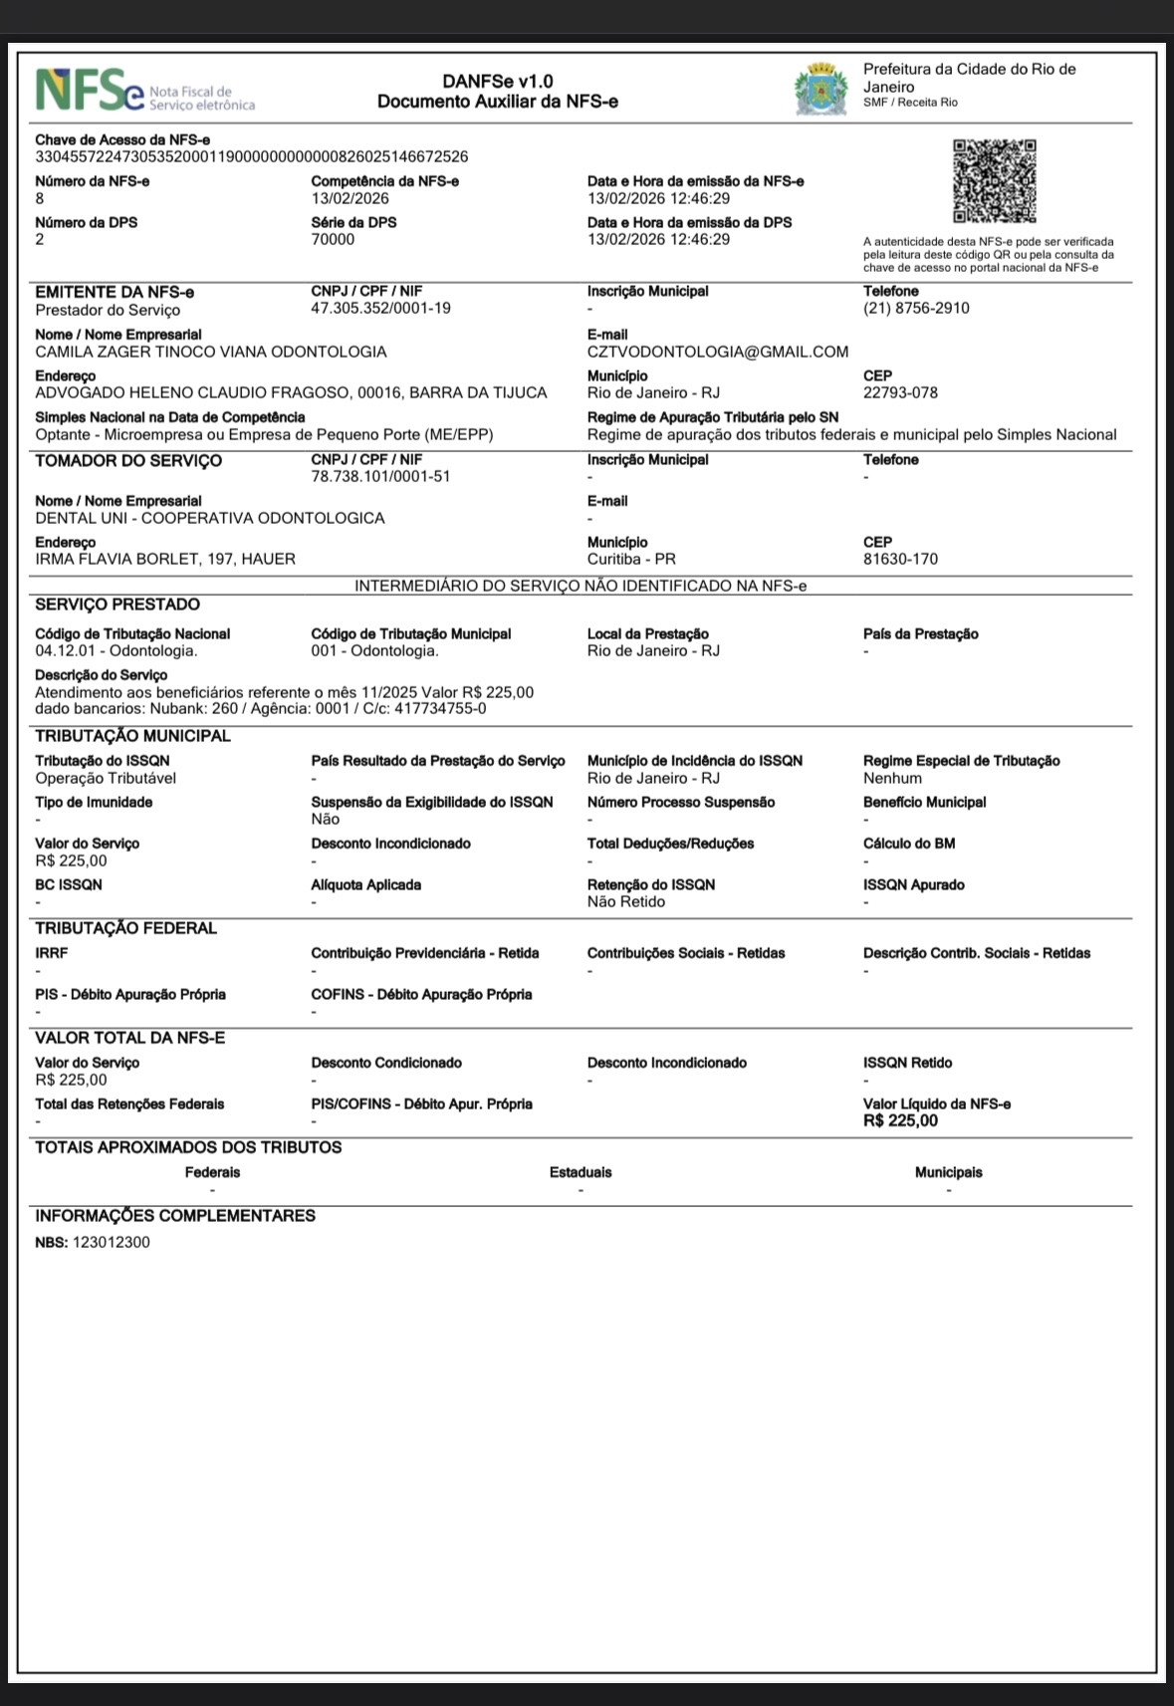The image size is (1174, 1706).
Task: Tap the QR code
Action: coord(994,180)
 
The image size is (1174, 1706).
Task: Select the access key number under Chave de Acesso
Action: coord(251,156)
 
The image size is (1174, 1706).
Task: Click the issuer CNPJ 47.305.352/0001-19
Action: coord(380,309)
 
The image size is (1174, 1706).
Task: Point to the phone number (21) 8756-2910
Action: coord(916,309)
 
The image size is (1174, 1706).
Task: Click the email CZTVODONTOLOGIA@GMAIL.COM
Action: coord(717,352)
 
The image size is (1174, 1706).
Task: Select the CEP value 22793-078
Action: coord(900,392)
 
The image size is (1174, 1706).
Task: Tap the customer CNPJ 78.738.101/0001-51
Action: coord(380,477)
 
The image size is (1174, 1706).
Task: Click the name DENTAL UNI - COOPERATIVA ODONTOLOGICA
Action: coord(209,518)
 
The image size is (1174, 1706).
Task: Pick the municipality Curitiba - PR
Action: coord(631,559)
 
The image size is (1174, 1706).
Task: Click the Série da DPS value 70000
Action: coord(333,239)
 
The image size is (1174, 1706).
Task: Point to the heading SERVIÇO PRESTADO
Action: coord(117,605)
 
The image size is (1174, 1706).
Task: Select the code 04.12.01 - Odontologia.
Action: coord(116,651)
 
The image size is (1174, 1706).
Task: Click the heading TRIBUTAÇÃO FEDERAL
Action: coord(125,928)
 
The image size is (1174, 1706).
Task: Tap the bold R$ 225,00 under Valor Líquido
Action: coord(900,1120)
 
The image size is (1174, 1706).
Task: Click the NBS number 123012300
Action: coord(112,1242)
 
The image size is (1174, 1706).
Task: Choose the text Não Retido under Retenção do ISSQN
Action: coord(626,901)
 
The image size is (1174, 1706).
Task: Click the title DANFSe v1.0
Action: coord(498,82)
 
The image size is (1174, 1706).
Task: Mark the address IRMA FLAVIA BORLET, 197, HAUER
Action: coord(165,559)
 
